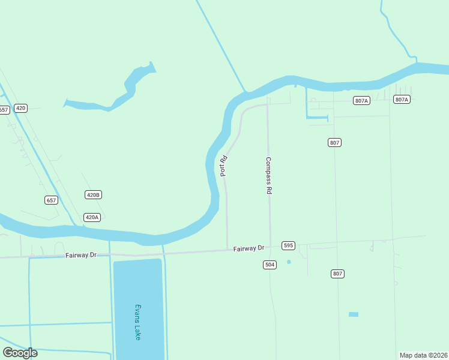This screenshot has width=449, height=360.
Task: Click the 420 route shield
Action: point(21,108)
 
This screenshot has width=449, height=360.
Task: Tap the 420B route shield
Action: point(93,195)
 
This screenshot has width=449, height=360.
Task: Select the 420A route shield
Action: point(92,217)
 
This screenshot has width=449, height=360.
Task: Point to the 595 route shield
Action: point(289,245)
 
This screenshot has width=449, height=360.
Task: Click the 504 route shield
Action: point(270,265)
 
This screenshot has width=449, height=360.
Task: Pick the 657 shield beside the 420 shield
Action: point(4,110)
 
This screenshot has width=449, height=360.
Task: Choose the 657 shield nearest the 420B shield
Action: point(52,200)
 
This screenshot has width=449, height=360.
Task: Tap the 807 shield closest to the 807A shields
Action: point(335,142)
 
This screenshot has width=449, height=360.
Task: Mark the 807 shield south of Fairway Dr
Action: point(338,274)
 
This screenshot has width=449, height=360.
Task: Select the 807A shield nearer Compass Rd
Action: point(361,101)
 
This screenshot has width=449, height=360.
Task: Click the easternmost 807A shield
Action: point(402,99)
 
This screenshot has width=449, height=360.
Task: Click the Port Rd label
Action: point(223,166)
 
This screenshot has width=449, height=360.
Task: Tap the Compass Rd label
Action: point(269,175)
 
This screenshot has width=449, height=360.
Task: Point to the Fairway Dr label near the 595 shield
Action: point(249,248)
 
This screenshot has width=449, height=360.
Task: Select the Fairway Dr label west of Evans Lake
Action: point(80,255)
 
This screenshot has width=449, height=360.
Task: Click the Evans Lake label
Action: point(138,322)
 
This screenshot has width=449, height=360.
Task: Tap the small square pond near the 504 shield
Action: point(289,262)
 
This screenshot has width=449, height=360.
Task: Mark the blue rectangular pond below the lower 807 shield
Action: point(354,314)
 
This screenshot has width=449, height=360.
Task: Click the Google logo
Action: point(20,353)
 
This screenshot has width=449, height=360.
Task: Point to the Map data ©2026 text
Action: point(423,355)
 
